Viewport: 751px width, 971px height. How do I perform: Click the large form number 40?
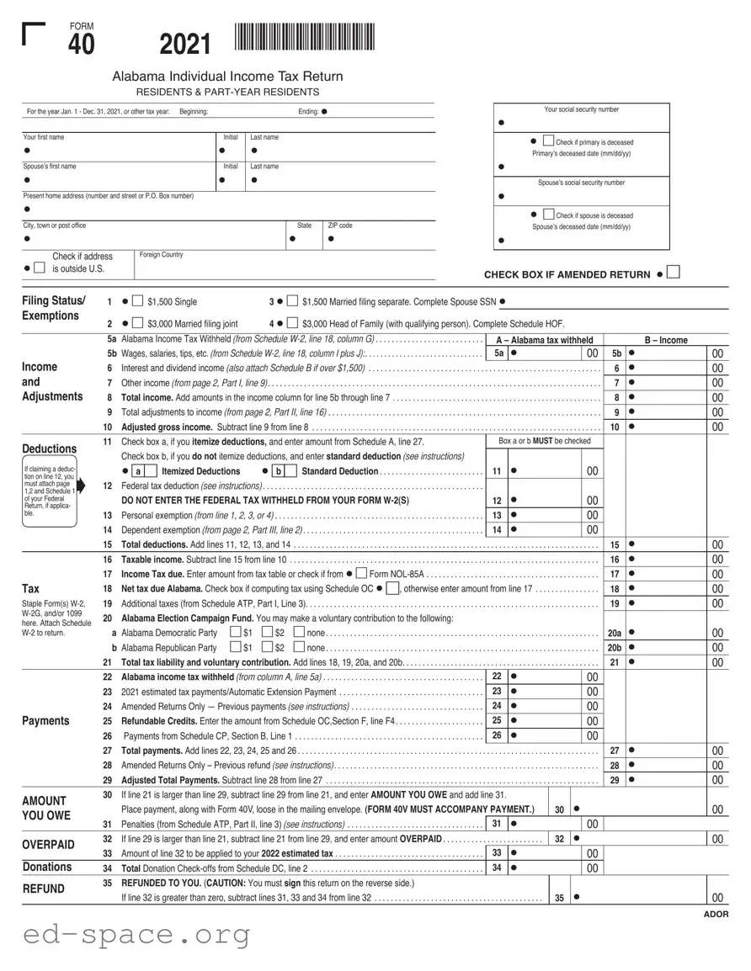coord(82,45)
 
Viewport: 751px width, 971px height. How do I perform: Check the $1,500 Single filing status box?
coord(138,301)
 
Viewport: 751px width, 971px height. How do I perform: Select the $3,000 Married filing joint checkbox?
coord(138,323)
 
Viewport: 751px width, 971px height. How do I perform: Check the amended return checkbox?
coord(673,273)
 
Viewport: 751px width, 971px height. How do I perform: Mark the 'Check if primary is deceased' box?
coord(548,141)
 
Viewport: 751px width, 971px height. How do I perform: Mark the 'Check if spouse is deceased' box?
coord(548,215)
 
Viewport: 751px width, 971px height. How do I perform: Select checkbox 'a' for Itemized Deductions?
coord(138,471)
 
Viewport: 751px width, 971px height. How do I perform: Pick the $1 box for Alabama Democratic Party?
coord(235,632)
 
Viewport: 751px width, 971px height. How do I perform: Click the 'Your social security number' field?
coord(582,122)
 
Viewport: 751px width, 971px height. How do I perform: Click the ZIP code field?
coord(379,238)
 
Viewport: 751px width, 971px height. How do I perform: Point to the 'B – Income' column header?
coord(665,340)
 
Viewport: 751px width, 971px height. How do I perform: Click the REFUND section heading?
coord(43,888)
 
